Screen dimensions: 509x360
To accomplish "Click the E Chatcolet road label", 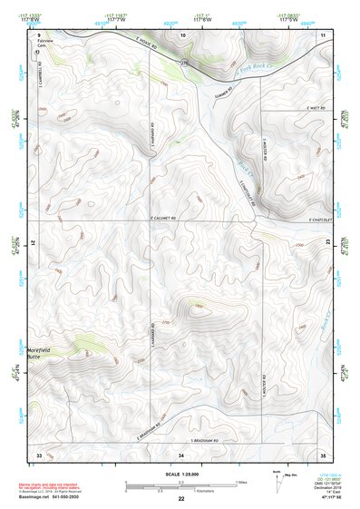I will [321, 218].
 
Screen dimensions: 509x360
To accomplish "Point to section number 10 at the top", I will [183, 34].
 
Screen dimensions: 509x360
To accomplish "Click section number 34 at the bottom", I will [180, 453].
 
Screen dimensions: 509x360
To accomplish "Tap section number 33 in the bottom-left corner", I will [39, 453].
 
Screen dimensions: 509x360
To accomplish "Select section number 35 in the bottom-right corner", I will [323, 453].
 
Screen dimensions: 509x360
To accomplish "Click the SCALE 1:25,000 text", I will [180, 473].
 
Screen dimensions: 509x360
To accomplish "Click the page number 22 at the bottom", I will [180, 499].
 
